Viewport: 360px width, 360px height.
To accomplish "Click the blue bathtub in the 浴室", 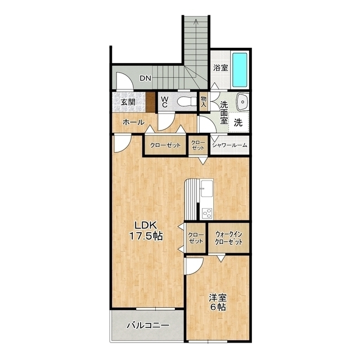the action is (240, 70).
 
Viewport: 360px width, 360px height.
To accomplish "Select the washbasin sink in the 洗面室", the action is (242, 101).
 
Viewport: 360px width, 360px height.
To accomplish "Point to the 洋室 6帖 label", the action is (218, 302).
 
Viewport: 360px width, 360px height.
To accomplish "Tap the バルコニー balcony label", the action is (148, 325).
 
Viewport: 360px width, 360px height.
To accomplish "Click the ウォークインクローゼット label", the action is (229, 238).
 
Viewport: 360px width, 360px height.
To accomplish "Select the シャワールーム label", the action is (229, 145).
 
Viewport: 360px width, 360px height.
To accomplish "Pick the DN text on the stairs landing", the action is (146, 79).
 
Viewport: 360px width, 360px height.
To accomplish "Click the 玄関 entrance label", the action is (128, 102).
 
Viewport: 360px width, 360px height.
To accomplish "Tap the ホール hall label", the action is (133, 122).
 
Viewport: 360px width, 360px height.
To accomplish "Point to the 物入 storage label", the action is (204, 101).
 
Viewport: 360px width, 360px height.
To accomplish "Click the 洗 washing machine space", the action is (238, 123).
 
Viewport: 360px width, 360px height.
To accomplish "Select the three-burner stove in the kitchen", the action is (207, 213).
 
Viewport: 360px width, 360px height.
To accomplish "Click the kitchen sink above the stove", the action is (207, 188).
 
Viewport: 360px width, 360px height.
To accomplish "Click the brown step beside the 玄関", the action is (150, 101).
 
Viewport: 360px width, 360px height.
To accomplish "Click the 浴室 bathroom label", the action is (220, 67).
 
